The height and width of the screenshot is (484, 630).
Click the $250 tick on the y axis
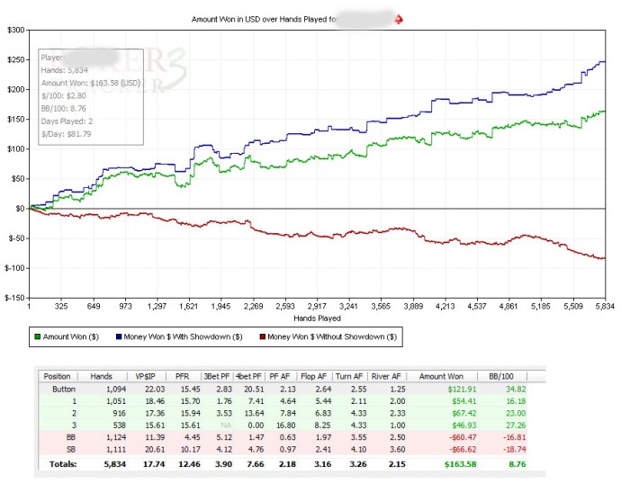(x=15, y=60)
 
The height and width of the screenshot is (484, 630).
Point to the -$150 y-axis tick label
(x=13, y=297)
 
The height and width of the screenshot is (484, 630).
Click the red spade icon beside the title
(x=400, y=18)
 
